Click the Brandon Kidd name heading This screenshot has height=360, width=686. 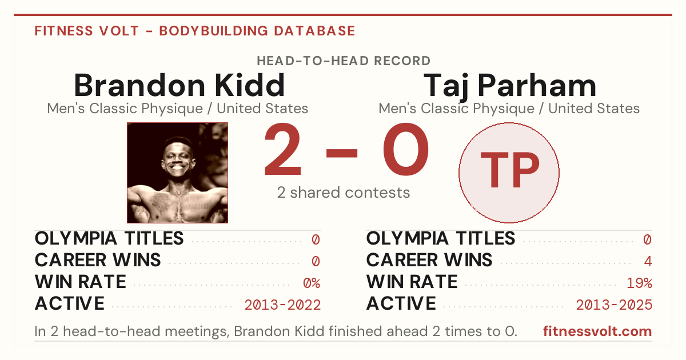pyautogui.click(x=180, y=85)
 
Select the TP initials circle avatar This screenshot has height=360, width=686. pyautogui.click(x=509, y=173)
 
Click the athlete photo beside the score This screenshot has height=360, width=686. pyautogui.click(x=177, y=173)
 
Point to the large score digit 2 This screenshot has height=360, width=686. pyautogui.click(x=282, y=149)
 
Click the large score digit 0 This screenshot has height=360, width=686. pyautogui.click(x=406, y=149)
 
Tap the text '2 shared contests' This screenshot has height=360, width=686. pyautogui.click(x=344, y=193)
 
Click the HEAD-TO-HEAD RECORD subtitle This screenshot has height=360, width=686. pyautogui.click(x=344, y=61)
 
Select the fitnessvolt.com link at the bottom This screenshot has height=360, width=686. pyautogui.click(x=597, y=331)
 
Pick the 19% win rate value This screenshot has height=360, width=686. pyautogui.click(x=639, y=283)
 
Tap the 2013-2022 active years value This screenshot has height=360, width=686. pyautogui.click(x=282, y=305)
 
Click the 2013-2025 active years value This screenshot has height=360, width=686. pyautogui.click(x=614, y=305)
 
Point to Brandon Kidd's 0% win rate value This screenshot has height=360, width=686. pyautogui.click(x=312, y=283)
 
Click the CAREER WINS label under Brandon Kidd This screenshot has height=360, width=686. pyautogui.click(x=98, y=260)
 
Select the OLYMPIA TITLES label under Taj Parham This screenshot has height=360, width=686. pyautogui.click(x=441, y=238)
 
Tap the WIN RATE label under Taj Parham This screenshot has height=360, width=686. pyautogui.click(x=412, y=282)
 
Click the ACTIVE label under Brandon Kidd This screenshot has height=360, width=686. pyautogui.click(x=70, y=303)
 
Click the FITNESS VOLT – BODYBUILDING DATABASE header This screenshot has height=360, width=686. pyautogui.click(x=195, y=31)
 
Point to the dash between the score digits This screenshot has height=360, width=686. pyautogui.click(x=342, y=153)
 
